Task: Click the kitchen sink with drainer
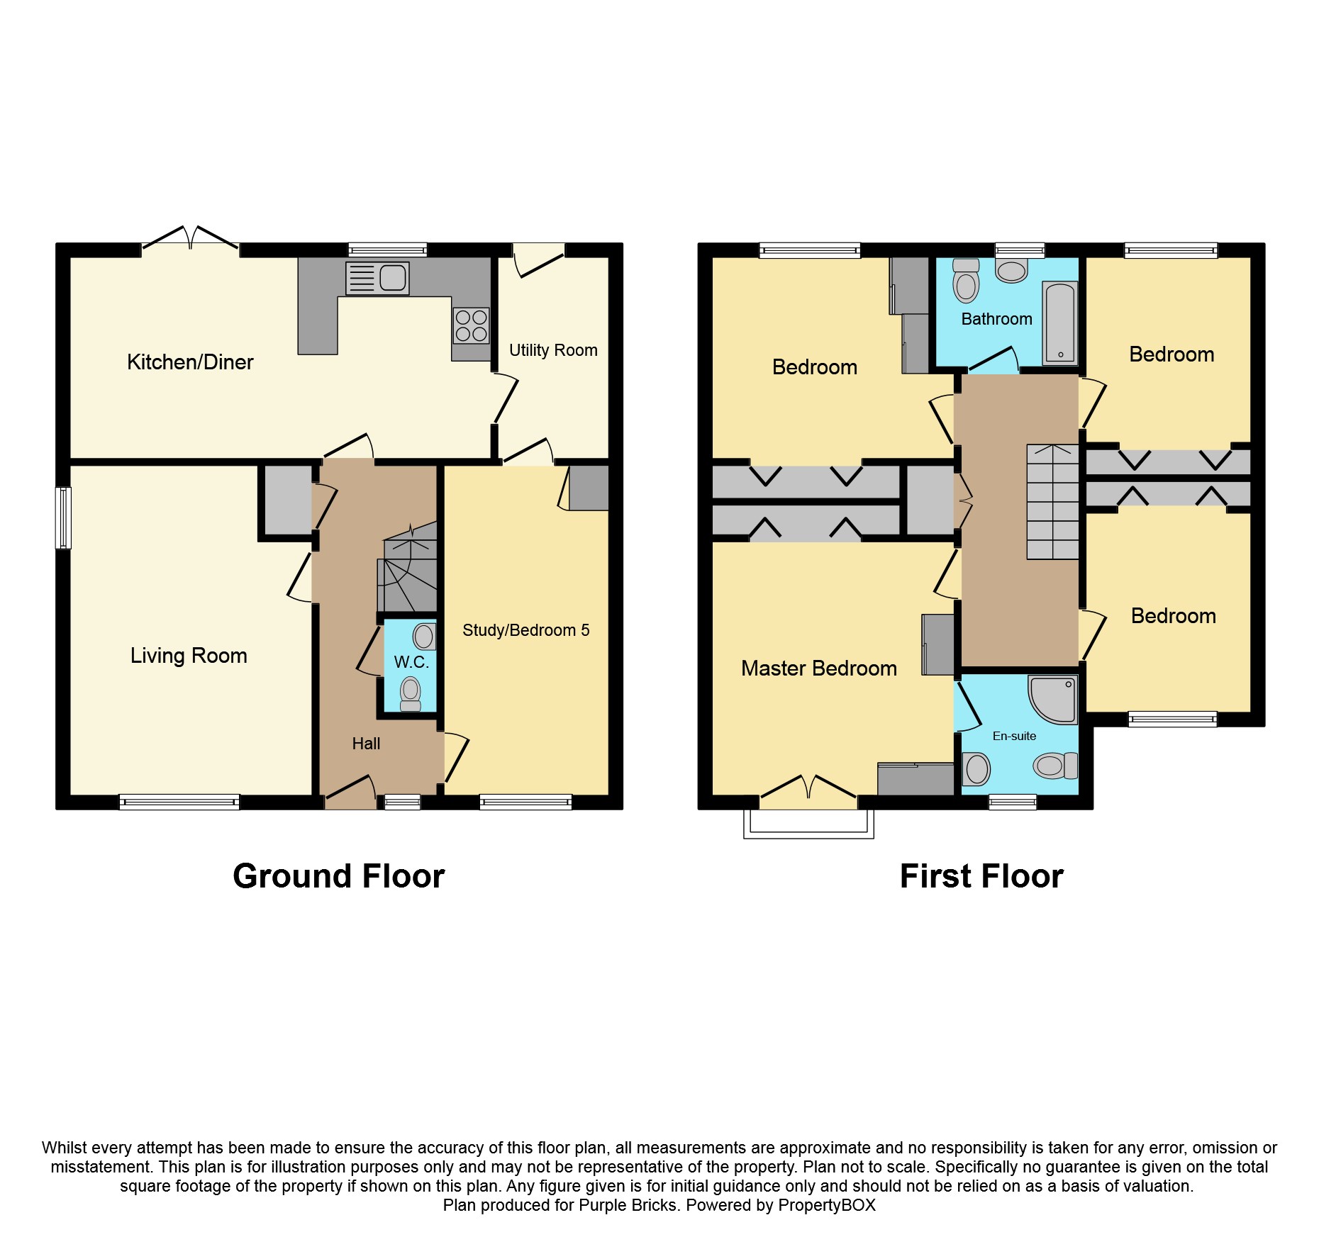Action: coord(377,278)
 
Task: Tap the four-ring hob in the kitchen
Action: coord(471,325)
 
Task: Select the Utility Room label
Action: coord(553,350)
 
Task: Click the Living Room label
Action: coord(189,656)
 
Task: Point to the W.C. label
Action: coord(411,662)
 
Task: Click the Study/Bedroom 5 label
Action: coord(525,630)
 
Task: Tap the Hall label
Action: coord(366,744)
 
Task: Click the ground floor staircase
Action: coord(407,567)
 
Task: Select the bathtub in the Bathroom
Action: coord(1059,323)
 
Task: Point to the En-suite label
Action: coord(1014,736)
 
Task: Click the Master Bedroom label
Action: coord(818,668)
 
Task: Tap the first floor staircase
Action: coord(1052,502)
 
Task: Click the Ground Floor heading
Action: coord(338,876)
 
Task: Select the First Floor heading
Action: coord(981,876)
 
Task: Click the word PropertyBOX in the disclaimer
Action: coord(826,1205)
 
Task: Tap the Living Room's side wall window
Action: coord(63,517)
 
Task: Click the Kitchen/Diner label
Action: coord(190,362)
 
